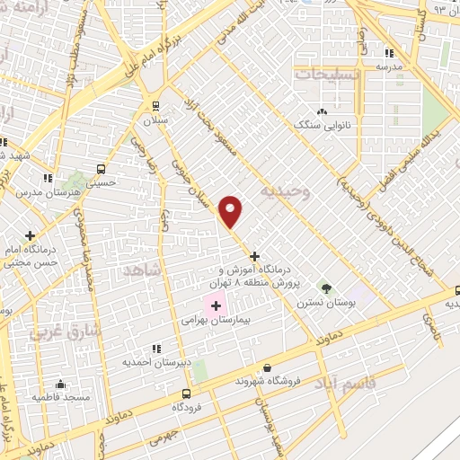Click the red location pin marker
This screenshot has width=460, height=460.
pos(232,211)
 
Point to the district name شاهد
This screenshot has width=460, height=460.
pos(142,270)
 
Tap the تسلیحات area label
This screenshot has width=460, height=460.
pos(327,75)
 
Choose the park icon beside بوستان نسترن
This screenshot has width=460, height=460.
pos(326,289)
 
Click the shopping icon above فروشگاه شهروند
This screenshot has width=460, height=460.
pos(267,367)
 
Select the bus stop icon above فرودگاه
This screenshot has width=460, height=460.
pos(186,394)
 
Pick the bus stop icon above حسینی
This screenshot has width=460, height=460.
pos(101,168)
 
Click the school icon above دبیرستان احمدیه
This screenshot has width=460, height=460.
pos(156,349)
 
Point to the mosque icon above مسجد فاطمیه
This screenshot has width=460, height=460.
pos(60,384)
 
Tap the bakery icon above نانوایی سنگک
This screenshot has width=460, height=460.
pos(322,111)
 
